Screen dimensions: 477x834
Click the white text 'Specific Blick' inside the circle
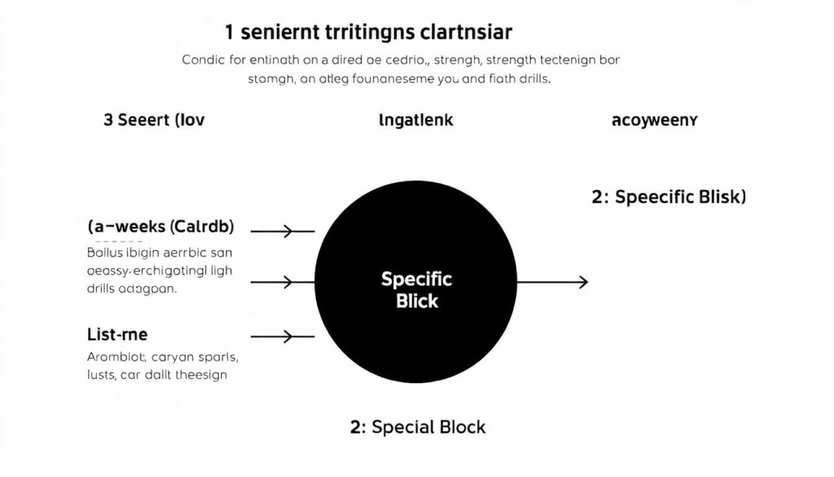[x=416, y=289]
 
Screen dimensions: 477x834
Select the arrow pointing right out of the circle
[x=551, y=282]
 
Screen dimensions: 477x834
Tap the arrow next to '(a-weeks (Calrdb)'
[x=282, y=232]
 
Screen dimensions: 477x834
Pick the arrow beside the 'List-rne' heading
[x=282, y=335]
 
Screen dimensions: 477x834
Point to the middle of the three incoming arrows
[x=282, y=283]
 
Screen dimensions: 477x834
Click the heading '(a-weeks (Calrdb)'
[x=165, y=227]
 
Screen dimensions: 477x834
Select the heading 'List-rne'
[x=116, y=333]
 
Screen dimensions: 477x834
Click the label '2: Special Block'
[x=418, y=427]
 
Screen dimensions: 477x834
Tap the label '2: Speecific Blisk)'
[x=669, y=197]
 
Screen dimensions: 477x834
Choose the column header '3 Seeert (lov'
[x=154, y=120]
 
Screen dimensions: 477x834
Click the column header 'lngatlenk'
[x=416, y=120]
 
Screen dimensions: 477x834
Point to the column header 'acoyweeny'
[x=654, y=120]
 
